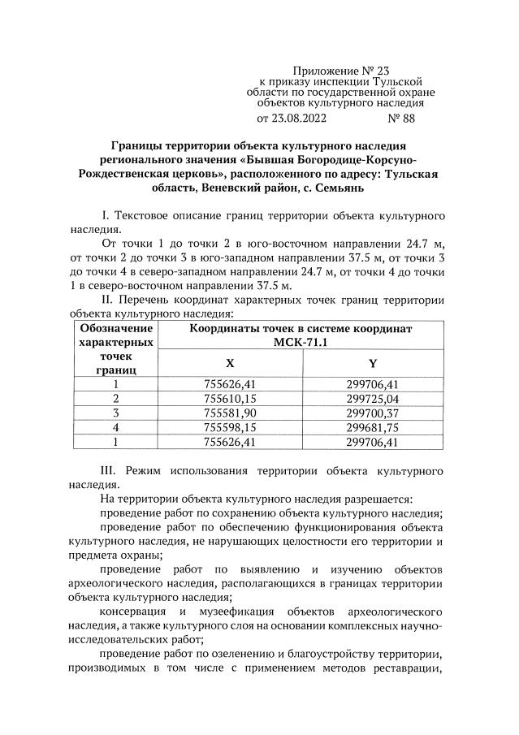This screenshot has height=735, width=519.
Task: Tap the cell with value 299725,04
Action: click(372, 399)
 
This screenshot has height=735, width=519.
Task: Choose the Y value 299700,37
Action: click(372, 413)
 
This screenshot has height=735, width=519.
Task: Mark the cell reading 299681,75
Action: click(372, 428)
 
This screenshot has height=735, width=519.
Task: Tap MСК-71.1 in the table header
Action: click(301, 343)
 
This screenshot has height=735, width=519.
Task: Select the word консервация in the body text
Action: click(134, 610)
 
